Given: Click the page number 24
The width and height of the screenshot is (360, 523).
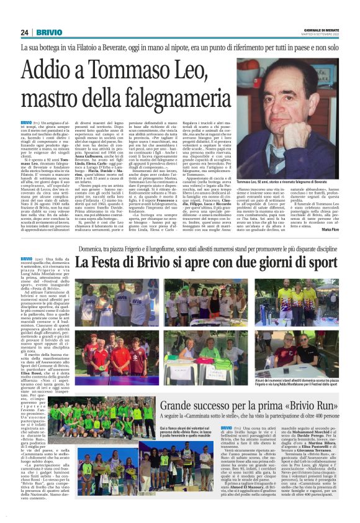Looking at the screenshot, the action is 24,32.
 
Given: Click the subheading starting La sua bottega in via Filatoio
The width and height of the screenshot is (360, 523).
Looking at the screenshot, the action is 179,47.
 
